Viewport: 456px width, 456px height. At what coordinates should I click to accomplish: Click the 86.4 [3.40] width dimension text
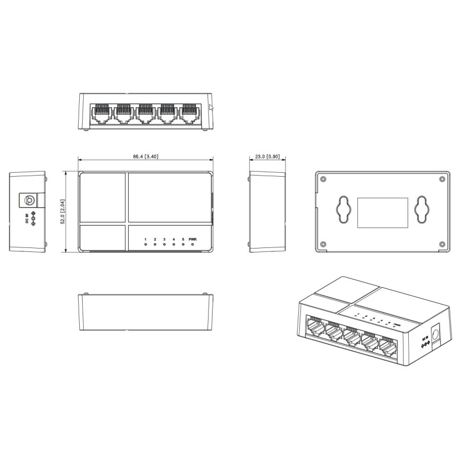146,156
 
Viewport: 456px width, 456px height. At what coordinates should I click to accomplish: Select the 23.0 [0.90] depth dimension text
266,156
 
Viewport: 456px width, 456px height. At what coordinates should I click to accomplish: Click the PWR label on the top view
193,239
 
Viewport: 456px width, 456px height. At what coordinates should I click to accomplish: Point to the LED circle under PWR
193,245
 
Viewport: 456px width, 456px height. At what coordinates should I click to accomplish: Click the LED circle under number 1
146,245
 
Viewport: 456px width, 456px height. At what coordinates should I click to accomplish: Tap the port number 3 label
164,239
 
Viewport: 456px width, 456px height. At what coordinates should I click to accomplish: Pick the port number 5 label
183,239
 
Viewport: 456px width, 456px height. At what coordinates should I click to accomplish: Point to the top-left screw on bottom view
323,179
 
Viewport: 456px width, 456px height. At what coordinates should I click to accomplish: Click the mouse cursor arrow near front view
211,108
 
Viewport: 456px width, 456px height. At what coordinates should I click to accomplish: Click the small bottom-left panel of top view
103,238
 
